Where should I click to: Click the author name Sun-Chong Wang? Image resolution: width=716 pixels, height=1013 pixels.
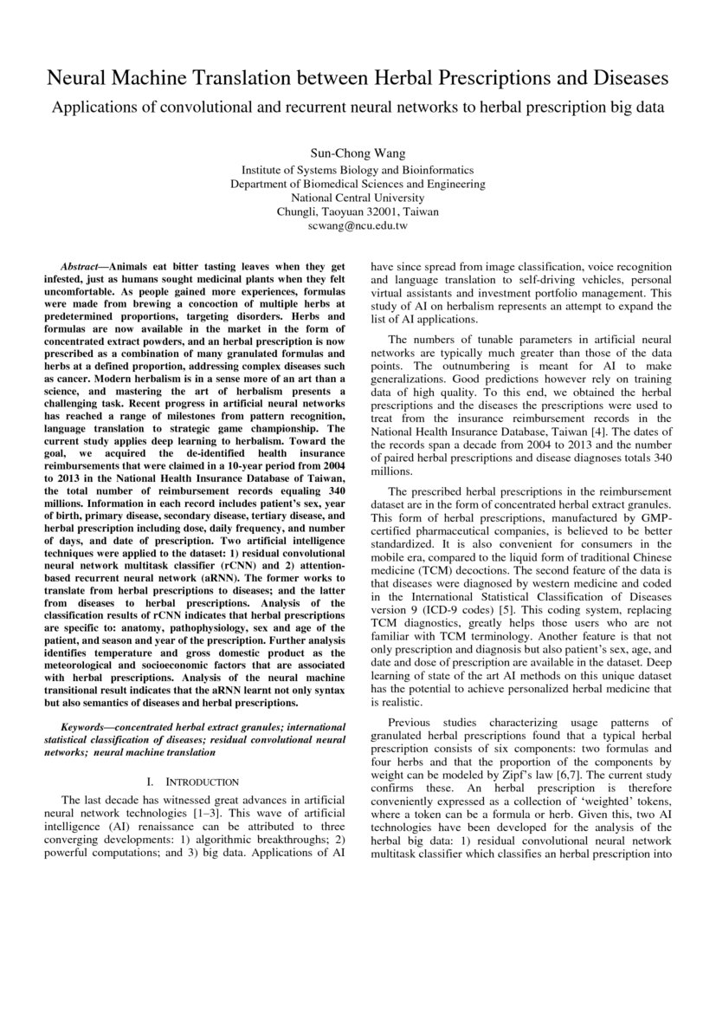[x=358, y=153]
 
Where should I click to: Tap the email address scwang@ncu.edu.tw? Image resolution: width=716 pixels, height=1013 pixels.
[x=358, y=225]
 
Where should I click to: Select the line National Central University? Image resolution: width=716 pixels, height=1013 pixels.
[x=358, y=198]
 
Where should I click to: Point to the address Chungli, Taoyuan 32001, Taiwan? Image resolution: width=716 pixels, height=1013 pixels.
[x=358, y=211]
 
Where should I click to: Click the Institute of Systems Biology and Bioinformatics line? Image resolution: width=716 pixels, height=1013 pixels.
[x=358, y=170]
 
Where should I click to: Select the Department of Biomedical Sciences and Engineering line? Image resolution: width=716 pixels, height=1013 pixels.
[x=358, y=184]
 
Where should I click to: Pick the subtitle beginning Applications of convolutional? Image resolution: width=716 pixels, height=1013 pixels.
[x=358, y=107]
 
